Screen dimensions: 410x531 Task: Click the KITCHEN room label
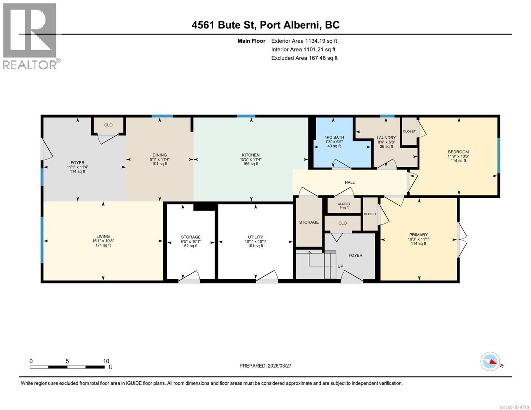click(x=251, y=155)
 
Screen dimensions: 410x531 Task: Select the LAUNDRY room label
click(x=386, y=138)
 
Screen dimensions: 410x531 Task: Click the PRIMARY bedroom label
click(x=419, y=235)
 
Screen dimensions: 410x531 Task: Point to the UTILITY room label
click(x=255, y=237)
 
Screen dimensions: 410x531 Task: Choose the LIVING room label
click(x=103, y=236)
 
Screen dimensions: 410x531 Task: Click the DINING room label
click(x=160, y=155)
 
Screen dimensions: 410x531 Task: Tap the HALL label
click(x=349, y=182)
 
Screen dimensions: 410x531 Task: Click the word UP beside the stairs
click(x=340, y=266)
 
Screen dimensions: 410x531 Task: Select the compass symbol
click(x=490, y=361)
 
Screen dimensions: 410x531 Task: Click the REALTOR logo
click(x=30, y=36)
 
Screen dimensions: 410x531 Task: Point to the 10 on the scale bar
click(x=106, y=361)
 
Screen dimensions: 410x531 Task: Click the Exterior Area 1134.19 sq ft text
click(x=304, y=41)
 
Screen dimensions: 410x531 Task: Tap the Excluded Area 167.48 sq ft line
click(x=304, y=58)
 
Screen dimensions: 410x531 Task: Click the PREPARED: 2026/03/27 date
click(x=265, y=366)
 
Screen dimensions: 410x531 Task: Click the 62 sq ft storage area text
click(x=191, y=246)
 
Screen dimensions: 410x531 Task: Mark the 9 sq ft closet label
click(x=344, y=207)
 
